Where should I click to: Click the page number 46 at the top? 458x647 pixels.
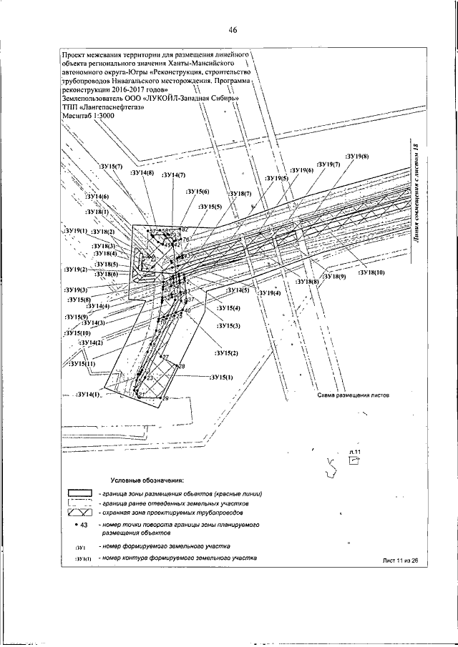pyautogui.click(x=233, y=30)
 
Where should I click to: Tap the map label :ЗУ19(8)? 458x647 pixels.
pyautogui.click(x=356, y=157)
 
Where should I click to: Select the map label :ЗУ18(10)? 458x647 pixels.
pyautogui.click(x=371, y=273)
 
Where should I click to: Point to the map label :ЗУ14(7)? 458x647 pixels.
pyautogui.click(x=173, y=174)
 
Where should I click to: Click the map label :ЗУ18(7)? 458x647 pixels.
pyautogui.click(x=240, y=194)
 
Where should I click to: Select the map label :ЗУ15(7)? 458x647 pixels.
pyautogui.click(x=110, y=166)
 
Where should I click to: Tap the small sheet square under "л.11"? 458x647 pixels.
pyautogui.click(x=352, y=461)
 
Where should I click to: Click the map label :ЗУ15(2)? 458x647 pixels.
pyautogui.click(x=225, y=353)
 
